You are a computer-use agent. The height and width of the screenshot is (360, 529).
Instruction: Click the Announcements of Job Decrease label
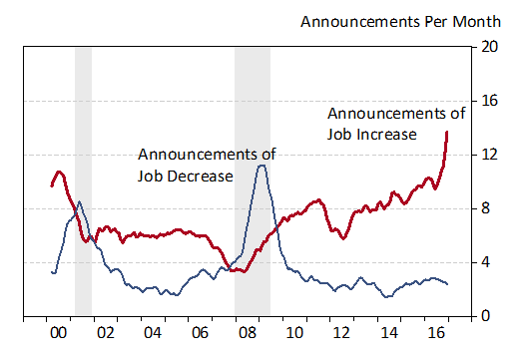point(207,165)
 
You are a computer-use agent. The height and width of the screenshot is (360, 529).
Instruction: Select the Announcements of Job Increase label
point(395,122)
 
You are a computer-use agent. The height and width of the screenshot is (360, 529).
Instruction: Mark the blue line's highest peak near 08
point(261,165)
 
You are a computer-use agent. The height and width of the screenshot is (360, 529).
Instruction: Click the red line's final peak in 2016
point(446,132)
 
